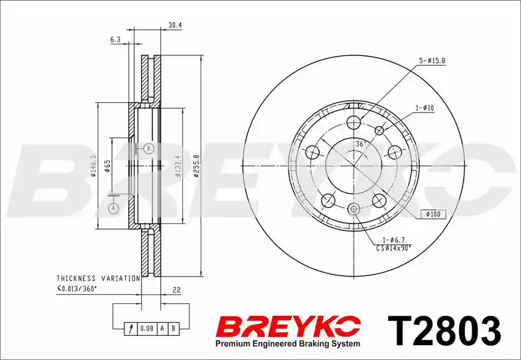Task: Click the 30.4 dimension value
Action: tap(175, 25)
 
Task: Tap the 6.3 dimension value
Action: tap(115, 39)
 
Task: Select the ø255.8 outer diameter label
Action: tap(197, 166)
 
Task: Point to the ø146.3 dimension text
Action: tap(93, 166)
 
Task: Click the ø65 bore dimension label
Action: tap(107, 166)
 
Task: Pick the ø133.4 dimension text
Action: tap(178, 166)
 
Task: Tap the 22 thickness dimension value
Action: tap(176, 290)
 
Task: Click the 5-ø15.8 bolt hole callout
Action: tap(432, 61)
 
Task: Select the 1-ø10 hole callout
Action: tap(425, 108)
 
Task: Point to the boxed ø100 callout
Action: tap(433, 214)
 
